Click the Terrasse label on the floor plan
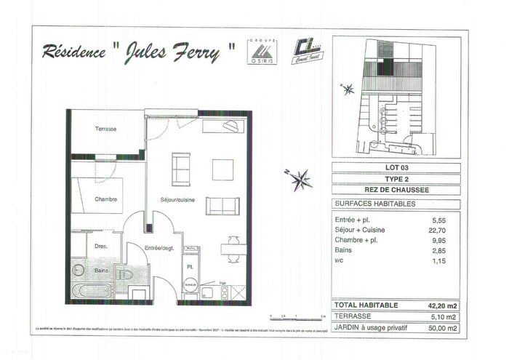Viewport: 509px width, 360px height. [x=106, y=129]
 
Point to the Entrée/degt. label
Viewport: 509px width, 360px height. [x=158, y=249]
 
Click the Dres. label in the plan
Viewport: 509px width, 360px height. [x=101, y=247]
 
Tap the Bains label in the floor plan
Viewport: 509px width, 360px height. [x=101, y=271]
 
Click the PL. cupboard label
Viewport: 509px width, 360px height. [x=190, y=267]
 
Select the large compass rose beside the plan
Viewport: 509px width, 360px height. [x=300, y=178]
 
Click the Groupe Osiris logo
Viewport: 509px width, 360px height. [x=260, y=49]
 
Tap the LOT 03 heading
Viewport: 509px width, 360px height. [x=396, y=168]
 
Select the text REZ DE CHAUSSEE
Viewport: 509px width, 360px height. [x=396, y=191]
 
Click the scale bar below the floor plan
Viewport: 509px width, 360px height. [x=297, y=317]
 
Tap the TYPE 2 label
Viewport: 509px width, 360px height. [x=396, y=179]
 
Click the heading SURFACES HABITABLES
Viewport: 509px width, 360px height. [x=374, y=204]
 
